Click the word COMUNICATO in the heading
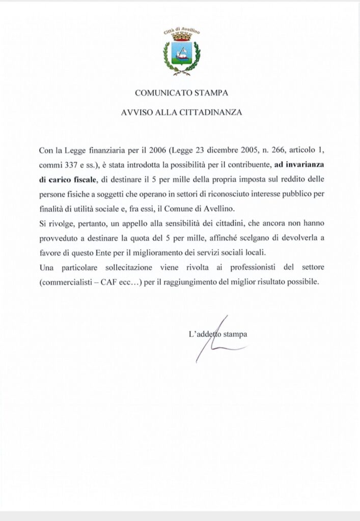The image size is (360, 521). [x=159, y=93]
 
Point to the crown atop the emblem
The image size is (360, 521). [x=182, y=37]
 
